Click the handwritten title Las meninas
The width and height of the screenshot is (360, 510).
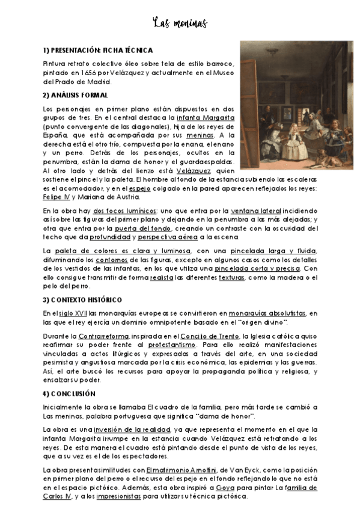click(x=180, y=23)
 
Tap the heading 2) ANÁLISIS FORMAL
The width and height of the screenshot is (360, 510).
click(x=75, y=95)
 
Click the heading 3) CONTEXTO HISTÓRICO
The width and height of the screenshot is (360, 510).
click(x=82, y=300)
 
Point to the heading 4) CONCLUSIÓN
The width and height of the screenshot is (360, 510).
click(x=69, y=393)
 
